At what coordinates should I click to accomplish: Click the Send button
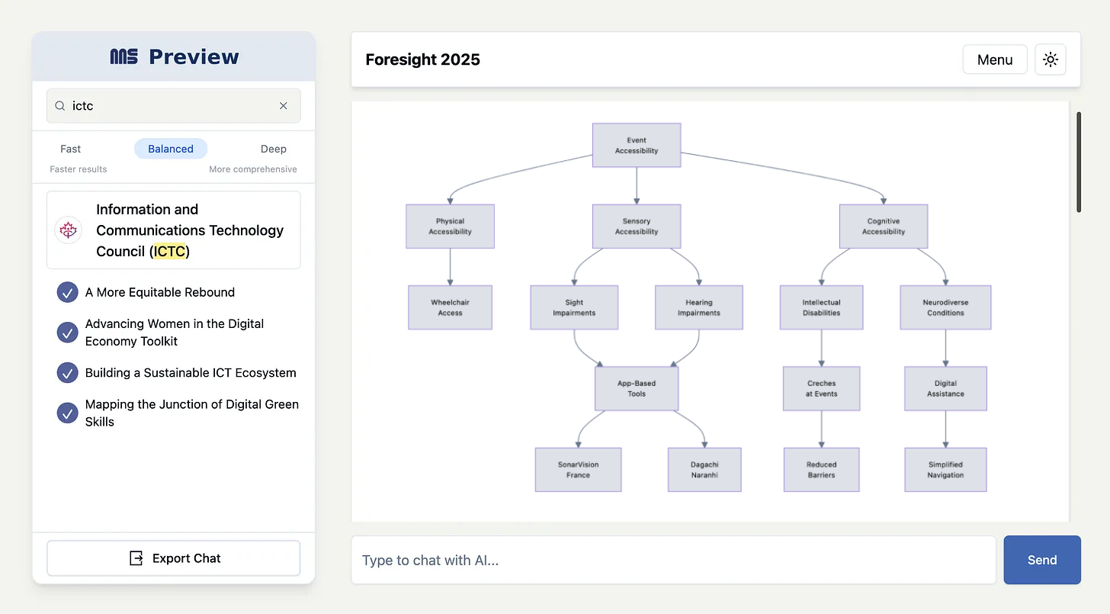[1041, 559]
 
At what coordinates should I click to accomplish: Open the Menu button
[995, 59]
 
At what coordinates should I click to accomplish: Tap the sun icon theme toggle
[1050, 59]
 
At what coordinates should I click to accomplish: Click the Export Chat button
[174, 558]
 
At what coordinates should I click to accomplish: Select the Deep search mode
[273, 149]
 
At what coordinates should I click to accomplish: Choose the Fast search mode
[70, 149]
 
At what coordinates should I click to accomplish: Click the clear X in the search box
[283, 106]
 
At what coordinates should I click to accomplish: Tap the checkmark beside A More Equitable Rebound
[67, 292]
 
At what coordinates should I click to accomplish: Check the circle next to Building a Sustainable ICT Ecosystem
[67, 372]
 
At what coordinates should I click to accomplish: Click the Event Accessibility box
[637, 146]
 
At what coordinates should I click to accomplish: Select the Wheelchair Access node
[450, 307]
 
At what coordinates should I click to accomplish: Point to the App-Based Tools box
[637, 388]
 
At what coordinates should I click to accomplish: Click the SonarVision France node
[578, 470]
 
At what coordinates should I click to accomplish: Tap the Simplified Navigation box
[945, 470]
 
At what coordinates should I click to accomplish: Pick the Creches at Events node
[821, 388]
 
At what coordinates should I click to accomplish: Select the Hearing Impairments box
[698, 307]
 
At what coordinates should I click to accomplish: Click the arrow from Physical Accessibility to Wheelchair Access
[450, 267]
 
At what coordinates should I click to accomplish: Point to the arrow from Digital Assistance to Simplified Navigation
[945, 429]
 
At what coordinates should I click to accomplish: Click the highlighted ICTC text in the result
[169, 251]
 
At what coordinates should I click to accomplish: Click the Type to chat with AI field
[673, 559]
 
